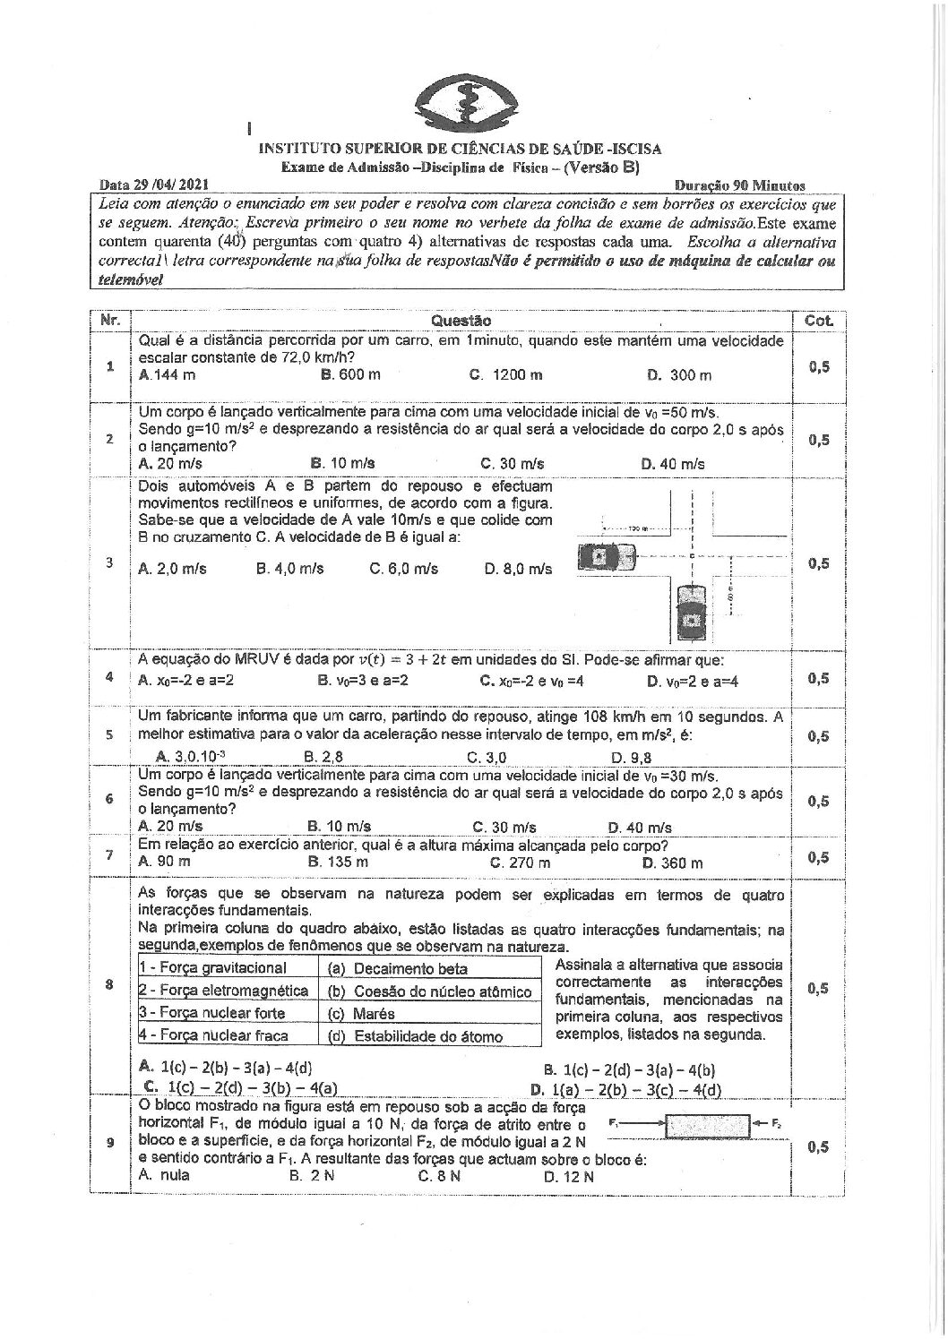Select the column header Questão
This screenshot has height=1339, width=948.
click(461, 320)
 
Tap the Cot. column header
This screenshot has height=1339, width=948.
click(819, 320)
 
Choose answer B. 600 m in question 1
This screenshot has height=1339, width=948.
click(350, 374)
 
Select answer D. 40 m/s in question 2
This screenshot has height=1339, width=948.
click(673, 464)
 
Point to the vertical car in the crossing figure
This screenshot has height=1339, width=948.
click(691, 613)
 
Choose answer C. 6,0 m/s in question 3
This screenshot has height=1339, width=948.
click(404, 569)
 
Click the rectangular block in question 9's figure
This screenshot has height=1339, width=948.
click(707, 1124)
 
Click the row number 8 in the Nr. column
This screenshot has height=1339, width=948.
click(109, 985)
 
